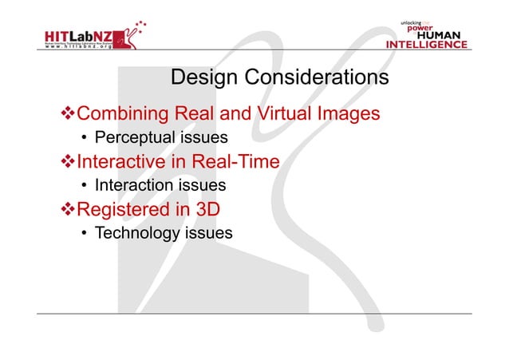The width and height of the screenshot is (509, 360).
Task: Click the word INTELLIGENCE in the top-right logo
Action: coord(427,45)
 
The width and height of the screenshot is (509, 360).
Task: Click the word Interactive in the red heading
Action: coord(121,162)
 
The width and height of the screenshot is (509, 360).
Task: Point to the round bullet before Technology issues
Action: coord(85,234)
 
